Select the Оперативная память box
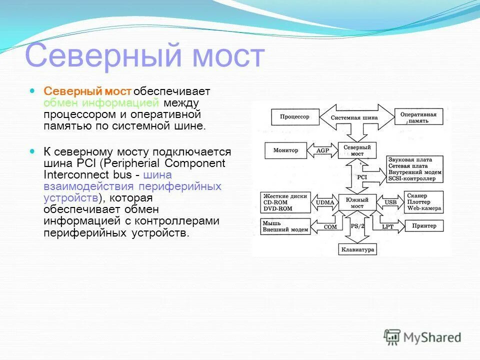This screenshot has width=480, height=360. (418, 117)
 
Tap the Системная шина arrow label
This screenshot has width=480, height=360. (355, 118)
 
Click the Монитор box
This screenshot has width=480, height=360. (285, 150)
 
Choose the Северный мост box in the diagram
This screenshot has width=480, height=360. (357, 150)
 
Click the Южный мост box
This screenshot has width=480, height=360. (357, 202)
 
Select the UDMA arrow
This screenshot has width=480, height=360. (325, 202)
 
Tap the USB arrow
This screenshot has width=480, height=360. (390, 202)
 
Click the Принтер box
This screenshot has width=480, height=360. (424, 226)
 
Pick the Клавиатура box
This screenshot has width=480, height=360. (357, 249)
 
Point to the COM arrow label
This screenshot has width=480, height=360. (330, 226)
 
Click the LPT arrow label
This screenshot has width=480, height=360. (388, 226)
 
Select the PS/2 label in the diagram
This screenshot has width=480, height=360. (357, 226)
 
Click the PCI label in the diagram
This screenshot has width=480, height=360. (361, 177)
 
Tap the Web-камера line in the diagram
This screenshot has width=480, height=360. (423, 208)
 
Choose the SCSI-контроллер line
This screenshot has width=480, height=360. (415, 178)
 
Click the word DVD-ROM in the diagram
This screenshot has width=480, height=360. (278, 209)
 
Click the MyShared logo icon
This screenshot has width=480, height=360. (392, 337)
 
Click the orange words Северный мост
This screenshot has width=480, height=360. (87, 91)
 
